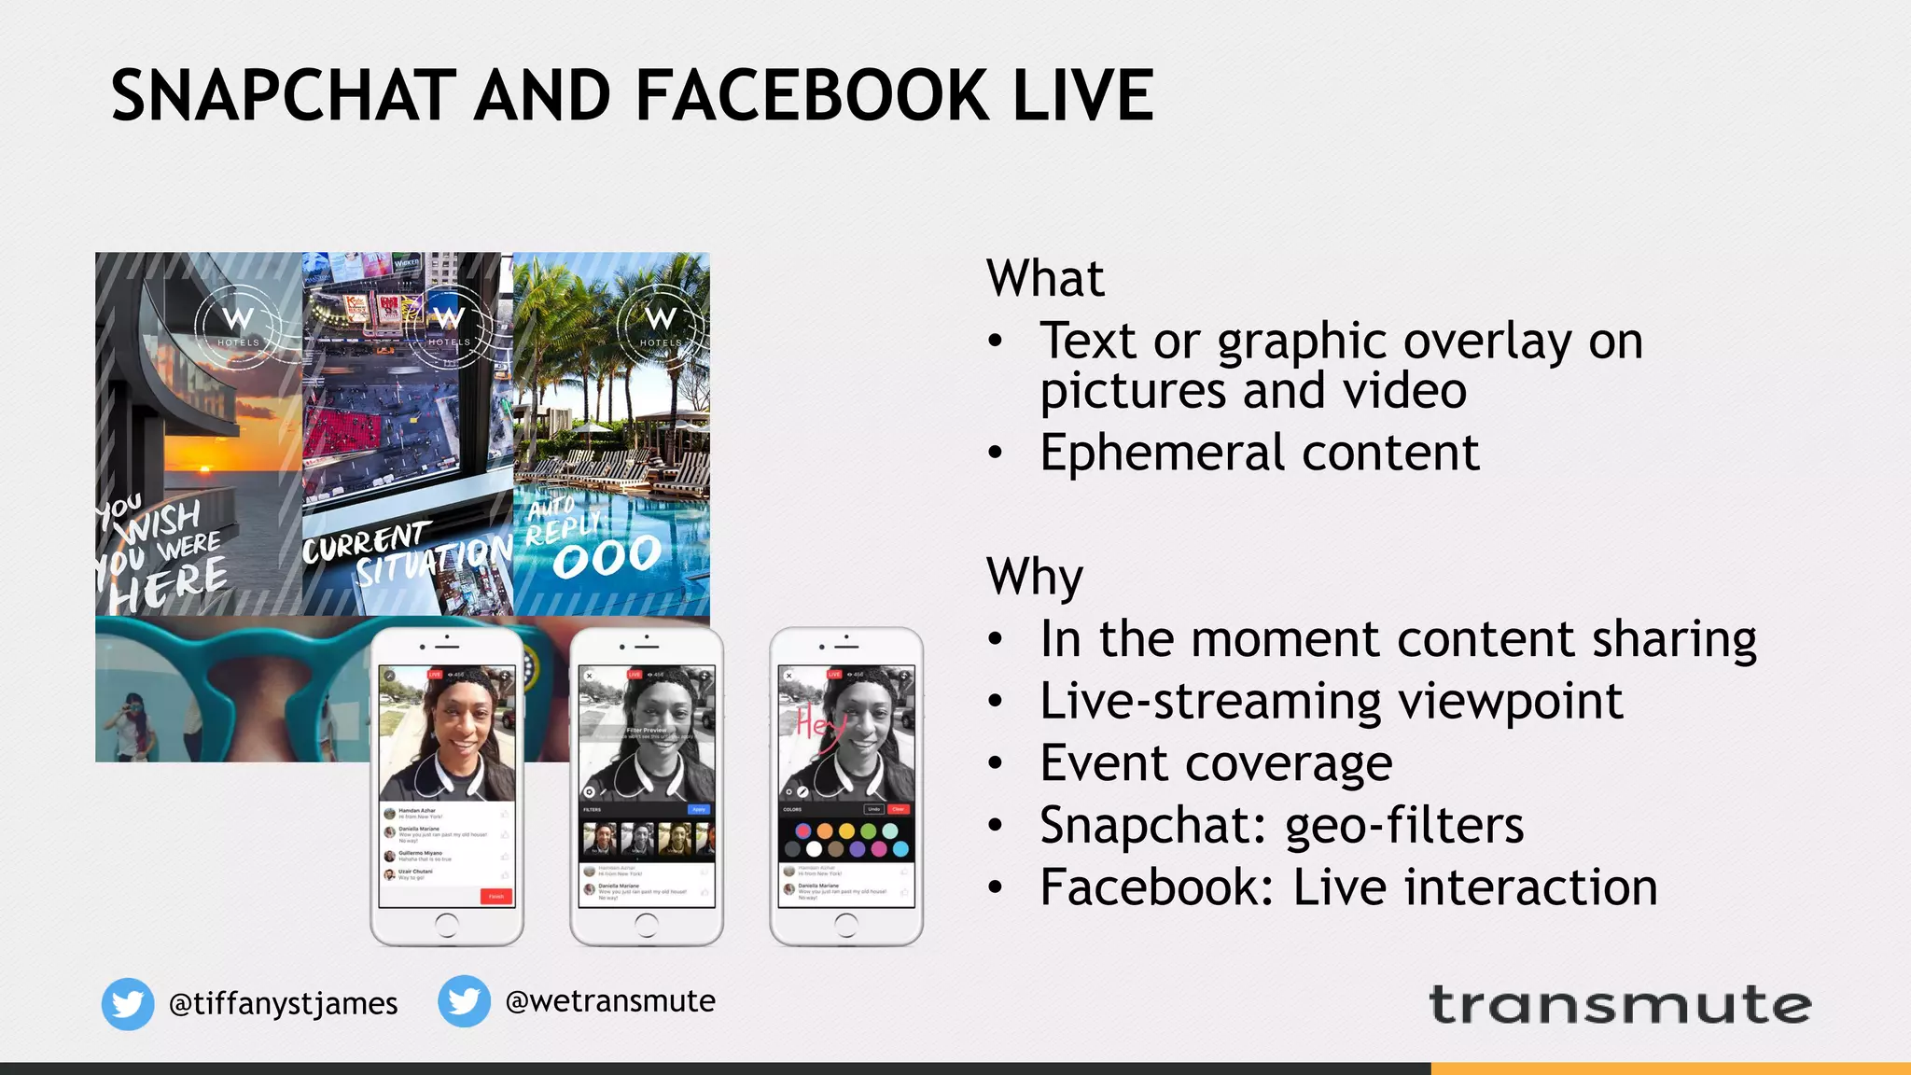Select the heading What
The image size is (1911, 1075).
click(x=1045, y=278)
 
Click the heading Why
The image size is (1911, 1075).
click(x=1035, y=577)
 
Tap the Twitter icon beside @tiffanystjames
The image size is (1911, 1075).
click(x=128, y=1004)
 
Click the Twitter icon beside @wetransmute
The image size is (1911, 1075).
click(x=464, y=1001)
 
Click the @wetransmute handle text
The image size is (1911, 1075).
click(x=610, y=1001)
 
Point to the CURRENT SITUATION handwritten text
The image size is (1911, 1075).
click(x=406, y=555)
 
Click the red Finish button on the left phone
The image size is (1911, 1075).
click(x=495, y=896)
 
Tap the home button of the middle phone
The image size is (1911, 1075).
click(x=646, y=925)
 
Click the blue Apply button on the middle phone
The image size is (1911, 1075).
click(x=699, y=809)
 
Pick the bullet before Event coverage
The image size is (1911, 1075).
click(x=996, y=764)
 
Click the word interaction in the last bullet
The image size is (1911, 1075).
click(x=1474, y=887)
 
